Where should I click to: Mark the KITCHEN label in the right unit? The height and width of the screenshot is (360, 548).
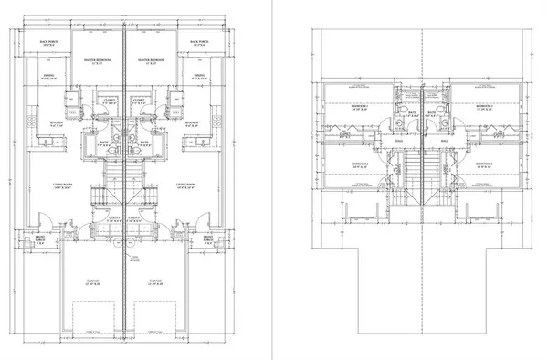tap(192, 123)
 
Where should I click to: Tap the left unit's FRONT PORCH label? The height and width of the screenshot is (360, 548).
tap(40, 240)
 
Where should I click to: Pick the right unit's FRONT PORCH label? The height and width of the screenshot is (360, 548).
tap(208, 240)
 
